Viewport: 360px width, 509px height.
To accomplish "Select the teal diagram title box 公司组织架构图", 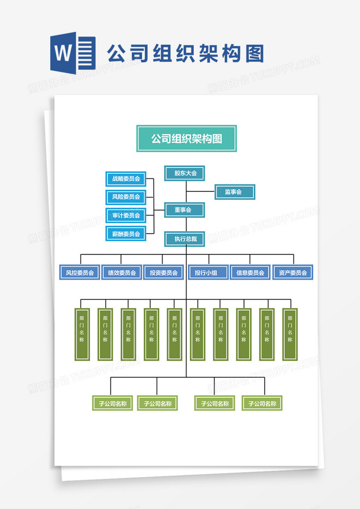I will click(x=186, y=138).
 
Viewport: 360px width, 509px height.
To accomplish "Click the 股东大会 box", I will click(x=185, y=173).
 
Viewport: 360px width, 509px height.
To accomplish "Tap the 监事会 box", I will click(x=234, y=192).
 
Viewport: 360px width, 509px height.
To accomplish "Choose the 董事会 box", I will click(x=185, y=210).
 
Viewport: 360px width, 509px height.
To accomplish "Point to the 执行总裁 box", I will click(x=185, y=239).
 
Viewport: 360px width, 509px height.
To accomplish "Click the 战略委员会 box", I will click(x=126, y=178).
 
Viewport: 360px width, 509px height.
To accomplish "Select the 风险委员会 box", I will click(x=126, y=197).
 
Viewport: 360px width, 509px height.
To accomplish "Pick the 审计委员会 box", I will click(x=126, y=215).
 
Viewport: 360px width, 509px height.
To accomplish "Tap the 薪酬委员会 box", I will click(x=126, y=234).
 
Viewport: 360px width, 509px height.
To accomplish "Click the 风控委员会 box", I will click(x=79, y=273).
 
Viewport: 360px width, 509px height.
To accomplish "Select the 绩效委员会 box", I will click(x=121, y=273).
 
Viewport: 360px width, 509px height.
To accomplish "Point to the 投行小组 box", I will click(x=208, y=273).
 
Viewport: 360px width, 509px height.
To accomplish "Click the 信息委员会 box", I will click(x=250, y=273).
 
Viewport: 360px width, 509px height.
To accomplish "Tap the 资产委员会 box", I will click(x=293, y=273).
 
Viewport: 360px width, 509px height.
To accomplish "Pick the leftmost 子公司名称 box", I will click(x=112, y=403).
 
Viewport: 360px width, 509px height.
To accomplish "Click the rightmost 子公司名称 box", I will click(x=262, y=403).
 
